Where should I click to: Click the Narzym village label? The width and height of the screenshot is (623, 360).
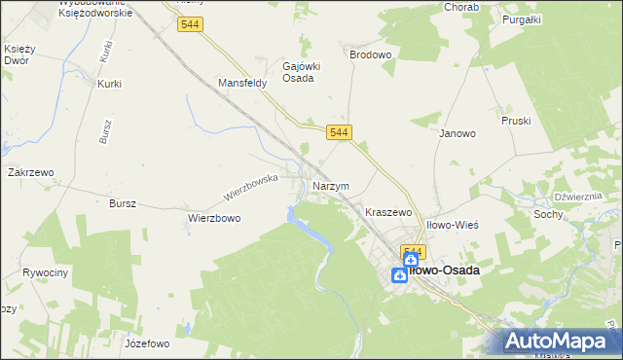[331, 185]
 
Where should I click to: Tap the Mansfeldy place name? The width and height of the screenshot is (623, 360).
[242, 84]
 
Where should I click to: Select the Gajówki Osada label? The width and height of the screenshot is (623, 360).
[297, 72]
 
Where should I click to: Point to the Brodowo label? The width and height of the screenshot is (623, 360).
[370, 55]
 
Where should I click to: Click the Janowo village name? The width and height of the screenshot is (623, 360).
[457, 133]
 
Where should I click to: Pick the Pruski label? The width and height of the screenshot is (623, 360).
[515, 122]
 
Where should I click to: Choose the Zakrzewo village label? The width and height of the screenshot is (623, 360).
[30, 171]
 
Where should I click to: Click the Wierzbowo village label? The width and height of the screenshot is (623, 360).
[214, 219]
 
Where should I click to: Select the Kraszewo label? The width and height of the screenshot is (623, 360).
[388, 211]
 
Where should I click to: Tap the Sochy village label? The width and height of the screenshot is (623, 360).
[549, 213]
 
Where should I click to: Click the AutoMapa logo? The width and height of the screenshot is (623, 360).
[560, 341]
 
